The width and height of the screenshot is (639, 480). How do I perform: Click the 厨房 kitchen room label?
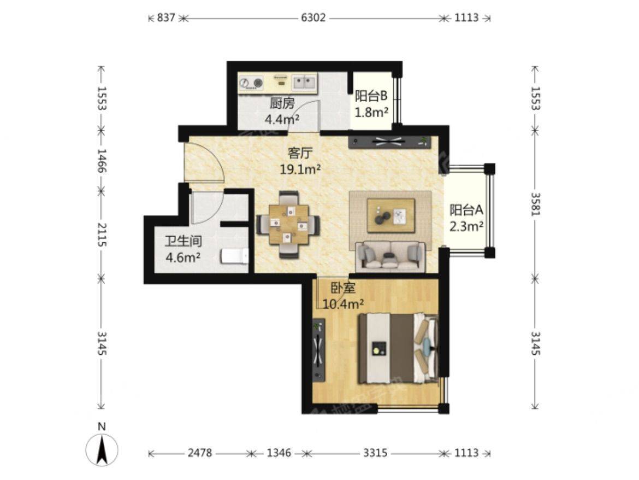pos(282,103)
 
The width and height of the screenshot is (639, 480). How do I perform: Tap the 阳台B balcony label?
pos(371,96)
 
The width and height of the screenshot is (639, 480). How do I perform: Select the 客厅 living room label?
pos(300,153)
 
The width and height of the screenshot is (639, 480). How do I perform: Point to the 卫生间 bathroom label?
pos(183,241)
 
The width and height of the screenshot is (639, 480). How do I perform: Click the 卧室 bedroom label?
pos(343,288)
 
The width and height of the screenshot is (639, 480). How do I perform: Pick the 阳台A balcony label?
pos(466,209)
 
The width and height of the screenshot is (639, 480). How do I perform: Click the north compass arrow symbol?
pos(102,450)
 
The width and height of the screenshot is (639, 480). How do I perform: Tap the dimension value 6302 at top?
pos(313,17)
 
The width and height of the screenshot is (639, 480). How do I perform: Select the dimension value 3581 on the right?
pos(535,203)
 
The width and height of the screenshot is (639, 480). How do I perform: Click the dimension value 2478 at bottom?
pos(200,453)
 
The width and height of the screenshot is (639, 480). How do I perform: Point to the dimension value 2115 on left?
pos(102,235)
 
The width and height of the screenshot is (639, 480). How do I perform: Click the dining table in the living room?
pos(288,224)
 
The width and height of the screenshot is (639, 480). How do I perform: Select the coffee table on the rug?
pos(391,215)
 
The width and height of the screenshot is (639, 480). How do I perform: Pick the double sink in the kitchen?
pos(304,83)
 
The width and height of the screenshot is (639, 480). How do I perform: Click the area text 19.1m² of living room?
pos(300,169)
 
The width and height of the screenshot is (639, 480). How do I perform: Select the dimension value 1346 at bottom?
pos(279,453)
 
